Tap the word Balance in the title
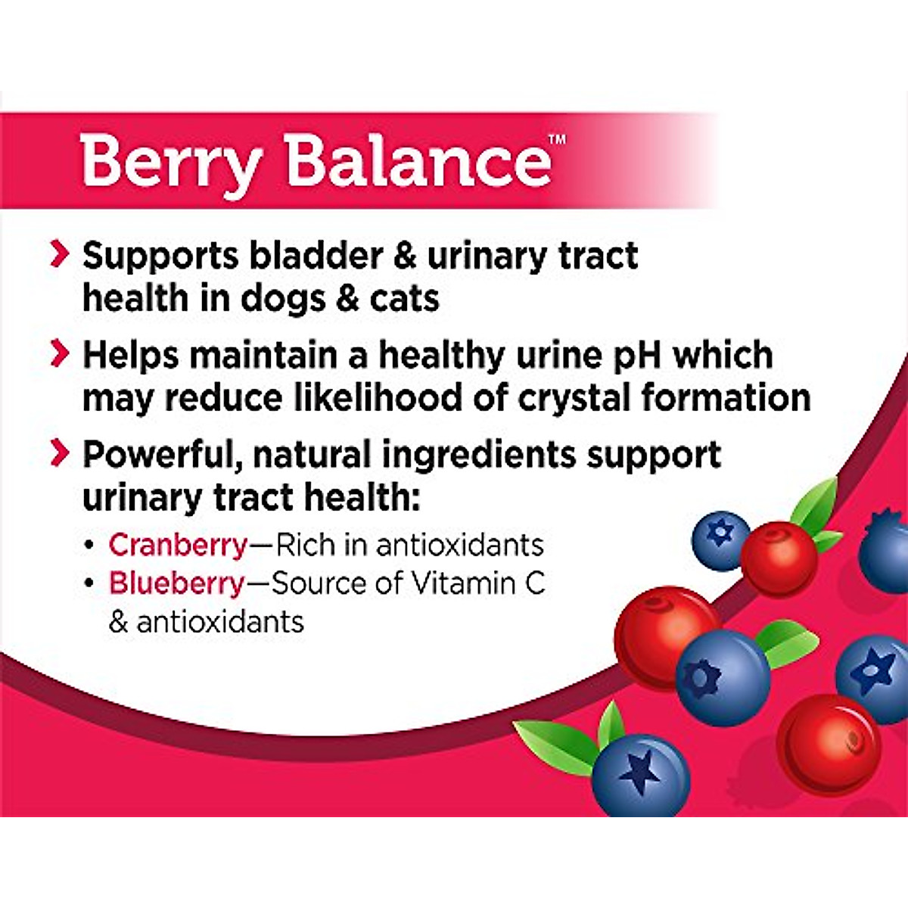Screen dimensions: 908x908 click(419, 160)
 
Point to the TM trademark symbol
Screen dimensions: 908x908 click(557, 138)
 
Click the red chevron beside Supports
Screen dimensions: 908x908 click(59, 255)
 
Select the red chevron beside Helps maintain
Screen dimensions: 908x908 click(59, 354)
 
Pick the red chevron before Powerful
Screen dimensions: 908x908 click(59, 453)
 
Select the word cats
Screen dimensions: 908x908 click(404, 298)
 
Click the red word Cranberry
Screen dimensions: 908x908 click(178, 545)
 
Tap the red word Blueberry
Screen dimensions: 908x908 click(176, 583)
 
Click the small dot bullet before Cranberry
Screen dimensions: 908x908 click(89, 546)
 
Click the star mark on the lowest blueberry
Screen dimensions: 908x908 click(640, 770)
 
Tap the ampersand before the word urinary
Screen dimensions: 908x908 click(405, 256)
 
